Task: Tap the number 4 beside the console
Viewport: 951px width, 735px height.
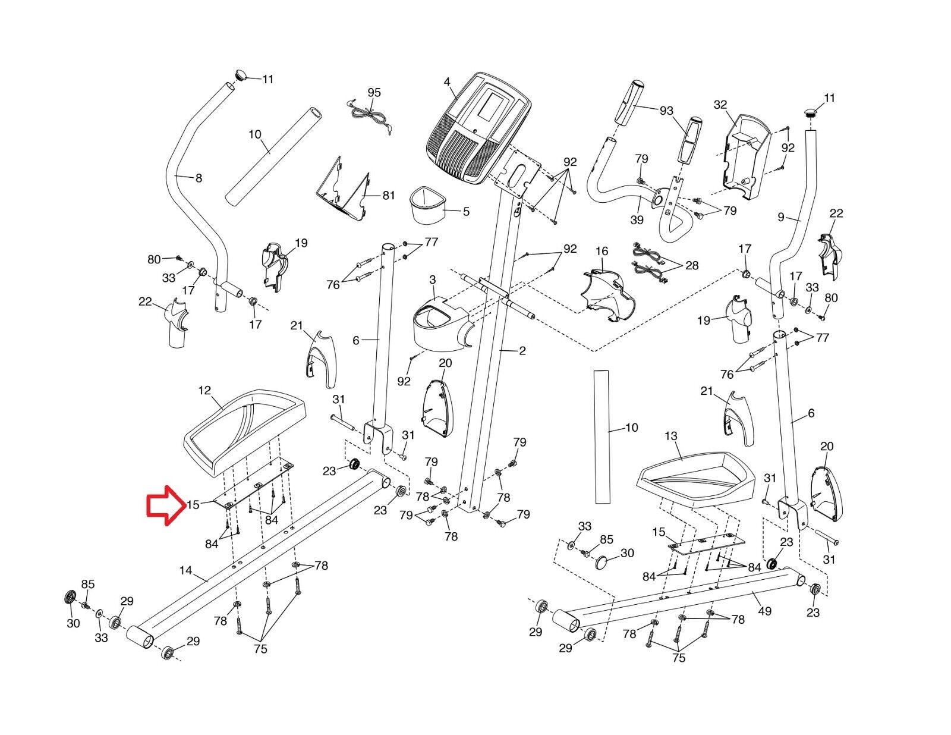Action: [446, 82]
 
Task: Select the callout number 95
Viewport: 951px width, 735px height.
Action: [374, 92]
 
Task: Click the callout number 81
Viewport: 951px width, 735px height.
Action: [389, 195]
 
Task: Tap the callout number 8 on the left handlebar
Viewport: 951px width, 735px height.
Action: [199, 178]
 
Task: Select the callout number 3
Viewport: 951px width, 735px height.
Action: [432, 279]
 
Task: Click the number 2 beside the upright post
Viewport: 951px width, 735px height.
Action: [522, 351]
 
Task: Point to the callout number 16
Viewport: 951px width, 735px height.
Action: [602, 251]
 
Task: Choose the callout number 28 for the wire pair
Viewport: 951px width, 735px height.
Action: [691, 265]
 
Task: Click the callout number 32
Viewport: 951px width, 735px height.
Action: [720, 105]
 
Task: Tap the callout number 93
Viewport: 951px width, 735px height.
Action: [666, 111]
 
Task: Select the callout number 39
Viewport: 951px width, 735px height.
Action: [637, 220]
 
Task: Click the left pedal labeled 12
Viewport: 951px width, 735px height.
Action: [244, 432]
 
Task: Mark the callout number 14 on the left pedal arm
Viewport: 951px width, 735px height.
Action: [185, 570]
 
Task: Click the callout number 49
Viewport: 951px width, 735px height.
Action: [764, 611]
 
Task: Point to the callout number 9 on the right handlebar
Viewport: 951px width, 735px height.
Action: [781, 216]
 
